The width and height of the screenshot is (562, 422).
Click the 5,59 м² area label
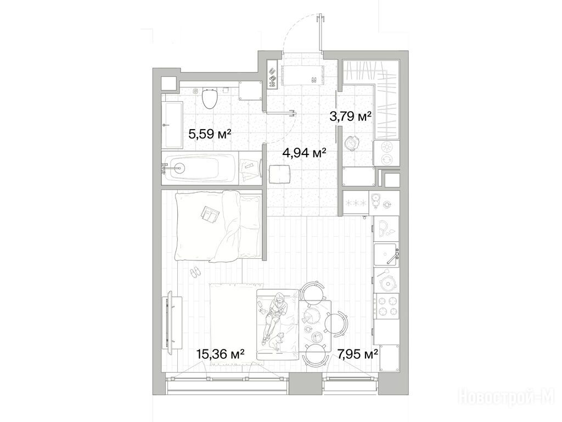click(210, 135)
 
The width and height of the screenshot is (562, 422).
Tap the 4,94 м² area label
click(304, 153)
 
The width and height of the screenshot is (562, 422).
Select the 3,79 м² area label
click(350, 116)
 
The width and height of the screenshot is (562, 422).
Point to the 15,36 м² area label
click(221, 354)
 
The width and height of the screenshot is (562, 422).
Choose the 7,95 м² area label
click(357, 354)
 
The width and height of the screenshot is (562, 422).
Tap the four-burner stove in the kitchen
click(386, 306)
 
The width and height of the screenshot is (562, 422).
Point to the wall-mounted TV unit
click(172, 320)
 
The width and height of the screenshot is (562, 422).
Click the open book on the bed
click(210, 214)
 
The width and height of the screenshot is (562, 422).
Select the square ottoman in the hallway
click(279, 174)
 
